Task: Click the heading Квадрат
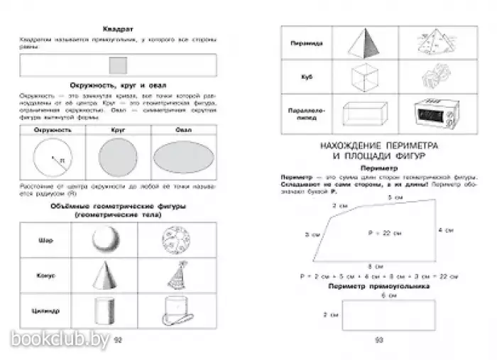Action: pos(119,30)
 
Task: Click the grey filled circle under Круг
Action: pos(119,158)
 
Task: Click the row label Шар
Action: pos(42,239)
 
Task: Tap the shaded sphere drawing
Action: pos(106,240)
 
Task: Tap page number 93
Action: pos(378,339)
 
